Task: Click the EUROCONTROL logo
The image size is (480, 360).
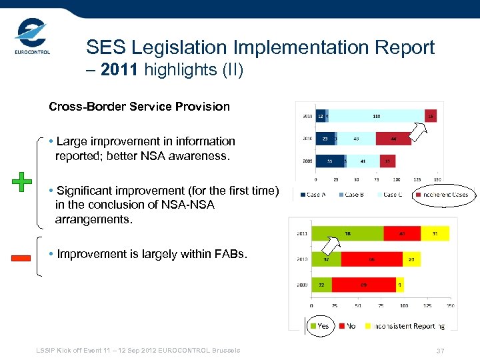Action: click(31, 38)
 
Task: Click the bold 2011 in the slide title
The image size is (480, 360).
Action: click(118, 70)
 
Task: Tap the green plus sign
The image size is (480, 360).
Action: click(22, 181)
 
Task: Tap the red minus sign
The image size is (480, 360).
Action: click(21, 258)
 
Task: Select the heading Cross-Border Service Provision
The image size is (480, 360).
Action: click(139, 107)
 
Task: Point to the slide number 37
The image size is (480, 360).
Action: click(440, 351)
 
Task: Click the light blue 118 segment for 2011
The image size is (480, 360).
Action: click(377, 115)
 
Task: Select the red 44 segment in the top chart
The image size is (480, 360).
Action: click(393, 139)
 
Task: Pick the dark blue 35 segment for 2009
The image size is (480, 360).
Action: click(329, 161)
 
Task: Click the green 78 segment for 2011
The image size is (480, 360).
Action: click(347, 233)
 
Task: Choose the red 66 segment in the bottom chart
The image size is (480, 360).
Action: click(371, 259)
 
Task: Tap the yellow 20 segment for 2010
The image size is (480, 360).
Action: click(411, 259)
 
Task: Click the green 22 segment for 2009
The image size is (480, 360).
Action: click(321, 285)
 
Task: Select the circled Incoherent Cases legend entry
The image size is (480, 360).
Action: click(441, 195)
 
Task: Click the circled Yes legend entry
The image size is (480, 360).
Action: click(319, 326)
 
